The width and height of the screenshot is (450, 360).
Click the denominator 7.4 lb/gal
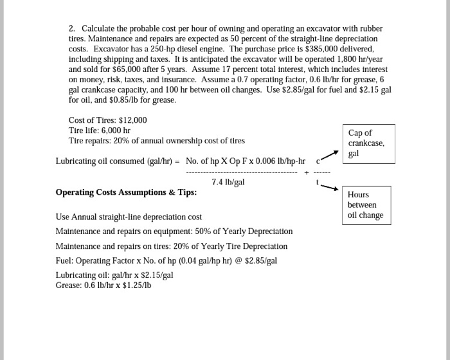click(x=228, y=182)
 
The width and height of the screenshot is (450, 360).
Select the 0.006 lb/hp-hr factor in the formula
click(x=276, y=161)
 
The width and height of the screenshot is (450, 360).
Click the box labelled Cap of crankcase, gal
click(x=368, y=143)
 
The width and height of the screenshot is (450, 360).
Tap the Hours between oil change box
click(x=365, y=204)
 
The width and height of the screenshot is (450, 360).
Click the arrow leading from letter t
click(x=328, y=187)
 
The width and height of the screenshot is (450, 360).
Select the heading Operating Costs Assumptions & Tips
click(x=126, y=192)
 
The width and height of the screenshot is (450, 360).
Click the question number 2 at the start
click(x=72, y=28)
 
